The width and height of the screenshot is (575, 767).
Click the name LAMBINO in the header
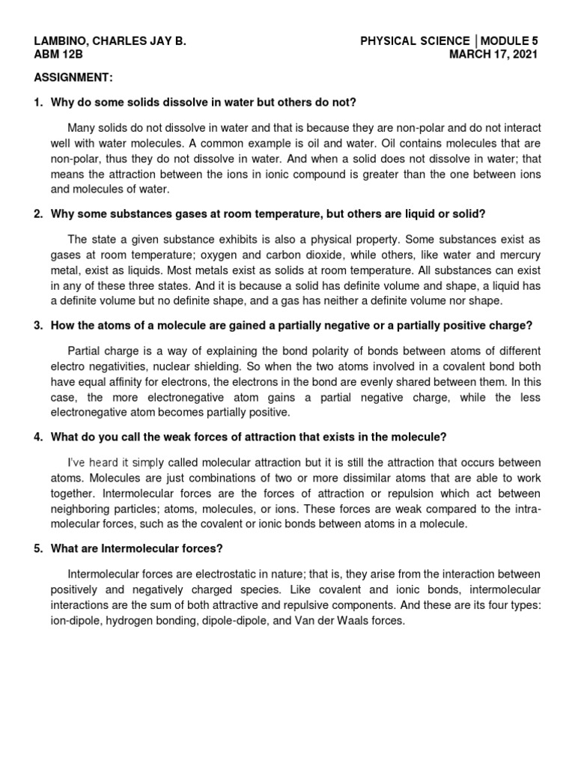point(62,41)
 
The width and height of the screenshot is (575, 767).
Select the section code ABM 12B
point(57,55)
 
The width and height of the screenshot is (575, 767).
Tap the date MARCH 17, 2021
point(493,55)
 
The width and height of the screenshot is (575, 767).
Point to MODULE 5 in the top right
point(510,41)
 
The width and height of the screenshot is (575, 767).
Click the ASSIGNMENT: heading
point(73,77)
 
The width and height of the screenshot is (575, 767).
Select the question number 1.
point(38,102)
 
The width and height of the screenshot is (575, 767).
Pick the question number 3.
point(38,326)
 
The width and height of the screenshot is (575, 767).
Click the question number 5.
point(38,548)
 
